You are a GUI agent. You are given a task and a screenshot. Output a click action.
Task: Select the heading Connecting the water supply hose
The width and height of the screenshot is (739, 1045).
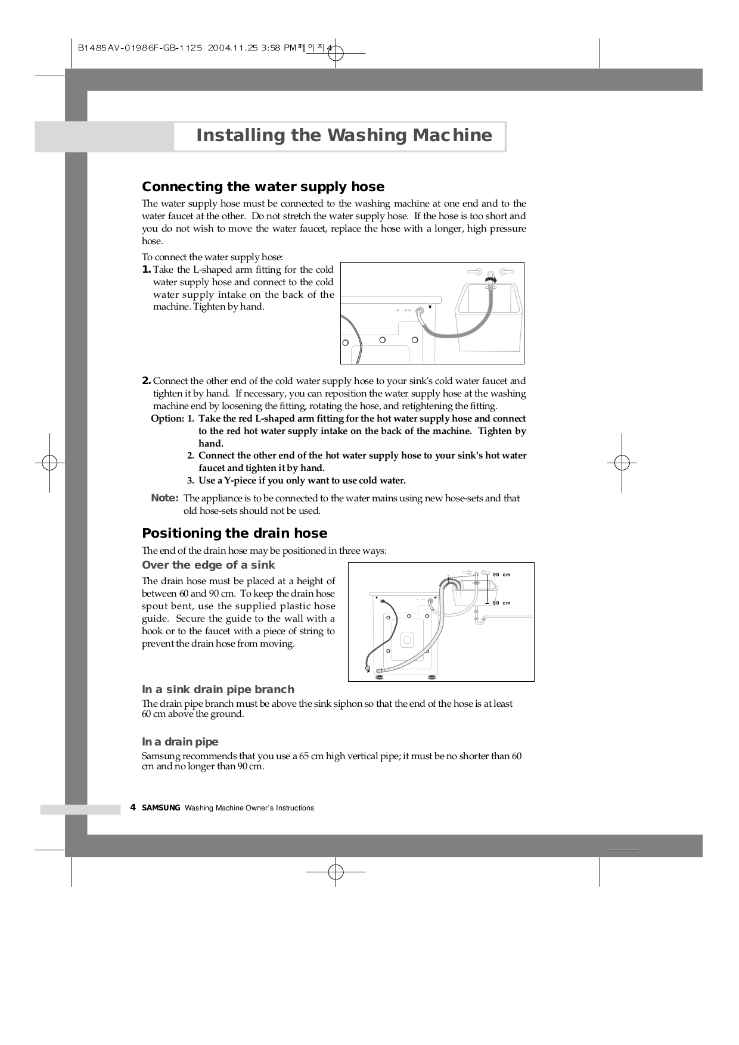tap(263, 187)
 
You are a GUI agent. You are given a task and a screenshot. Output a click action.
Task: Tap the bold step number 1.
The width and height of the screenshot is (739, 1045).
tap(146, 270)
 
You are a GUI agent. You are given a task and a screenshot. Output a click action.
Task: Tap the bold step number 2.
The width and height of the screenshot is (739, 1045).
tap(146, 381)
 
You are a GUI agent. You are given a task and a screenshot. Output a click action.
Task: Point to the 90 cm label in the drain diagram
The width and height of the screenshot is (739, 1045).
tap(502, 575)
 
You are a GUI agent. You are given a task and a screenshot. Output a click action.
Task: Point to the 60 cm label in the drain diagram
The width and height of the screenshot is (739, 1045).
tap(502, 603)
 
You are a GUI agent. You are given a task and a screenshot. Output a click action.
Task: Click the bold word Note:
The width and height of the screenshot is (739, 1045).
tap(165, 498)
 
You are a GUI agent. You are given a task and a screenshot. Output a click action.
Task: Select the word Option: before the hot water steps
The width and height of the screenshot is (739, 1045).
tap(167, 419)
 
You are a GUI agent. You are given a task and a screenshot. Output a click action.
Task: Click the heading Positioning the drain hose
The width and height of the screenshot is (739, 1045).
tap(234, 534)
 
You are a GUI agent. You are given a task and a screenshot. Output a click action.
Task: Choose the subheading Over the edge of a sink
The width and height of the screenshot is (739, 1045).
tap(209, 565)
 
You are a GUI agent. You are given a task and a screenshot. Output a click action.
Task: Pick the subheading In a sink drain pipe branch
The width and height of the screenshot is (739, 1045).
tap(218, 690)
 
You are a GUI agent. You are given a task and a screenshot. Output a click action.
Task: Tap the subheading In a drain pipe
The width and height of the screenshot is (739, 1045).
tap(180, 742)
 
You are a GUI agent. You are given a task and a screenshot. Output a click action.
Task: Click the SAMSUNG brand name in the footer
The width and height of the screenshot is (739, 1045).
tap(161, 808)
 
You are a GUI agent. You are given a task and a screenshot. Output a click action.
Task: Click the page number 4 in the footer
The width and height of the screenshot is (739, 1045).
tap(133, 808)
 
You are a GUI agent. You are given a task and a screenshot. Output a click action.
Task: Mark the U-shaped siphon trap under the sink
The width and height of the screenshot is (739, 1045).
tap(480, 621)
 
